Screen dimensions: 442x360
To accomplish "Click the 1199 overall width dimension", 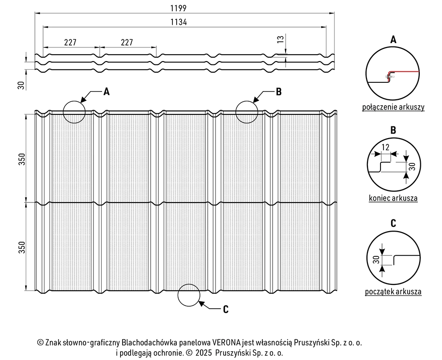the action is [178, 8].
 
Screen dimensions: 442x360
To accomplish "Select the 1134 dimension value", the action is [179, 22].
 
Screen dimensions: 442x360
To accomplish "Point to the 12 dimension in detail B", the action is [385, 147].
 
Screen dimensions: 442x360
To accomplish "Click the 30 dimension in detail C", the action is [376, 260].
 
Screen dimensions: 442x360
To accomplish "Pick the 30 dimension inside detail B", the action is [412, 167].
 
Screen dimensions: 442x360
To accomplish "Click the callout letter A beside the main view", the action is [107, 92].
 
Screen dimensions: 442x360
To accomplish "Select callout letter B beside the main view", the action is [278, 92].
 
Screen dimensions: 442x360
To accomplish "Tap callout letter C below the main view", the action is [226, 310].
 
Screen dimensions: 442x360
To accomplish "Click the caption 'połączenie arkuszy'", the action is [393, 107].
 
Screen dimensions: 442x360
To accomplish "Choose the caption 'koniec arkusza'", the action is [393, 198].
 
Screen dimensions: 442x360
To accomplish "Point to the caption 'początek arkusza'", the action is [393, 292].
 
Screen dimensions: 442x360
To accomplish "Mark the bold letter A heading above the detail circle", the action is [393, 40].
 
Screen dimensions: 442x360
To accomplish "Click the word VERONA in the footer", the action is [227, 343].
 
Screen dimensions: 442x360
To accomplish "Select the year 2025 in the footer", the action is [203, 353].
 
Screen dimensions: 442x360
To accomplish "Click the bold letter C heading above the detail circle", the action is [393, 223].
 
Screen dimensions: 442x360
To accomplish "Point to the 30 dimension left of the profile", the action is [21, 85].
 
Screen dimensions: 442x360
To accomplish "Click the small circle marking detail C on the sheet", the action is [189, 284].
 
